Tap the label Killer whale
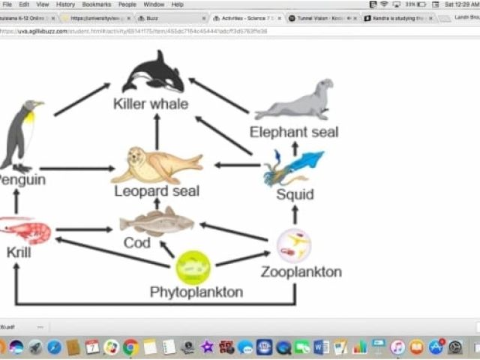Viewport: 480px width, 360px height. point(151,103)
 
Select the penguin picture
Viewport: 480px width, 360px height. point(19,135)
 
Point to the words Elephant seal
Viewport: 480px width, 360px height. point(294,132)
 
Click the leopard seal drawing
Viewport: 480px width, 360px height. point(156,164)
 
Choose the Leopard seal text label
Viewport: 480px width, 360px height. point(157,191)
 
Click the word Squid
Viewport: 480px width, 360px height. point(294,195)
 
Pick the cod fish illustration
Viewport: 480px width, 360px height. point(156,221)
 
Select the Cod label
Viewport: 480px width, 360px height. point(136,243)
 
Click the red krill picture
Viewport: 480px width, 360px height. point(26,229)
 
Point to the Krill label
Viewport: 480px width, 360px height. point(19,253)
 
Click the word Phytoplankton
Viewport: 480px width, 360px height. point(196,292)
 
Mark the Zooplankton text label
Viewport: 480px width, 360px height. point(301,271)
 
